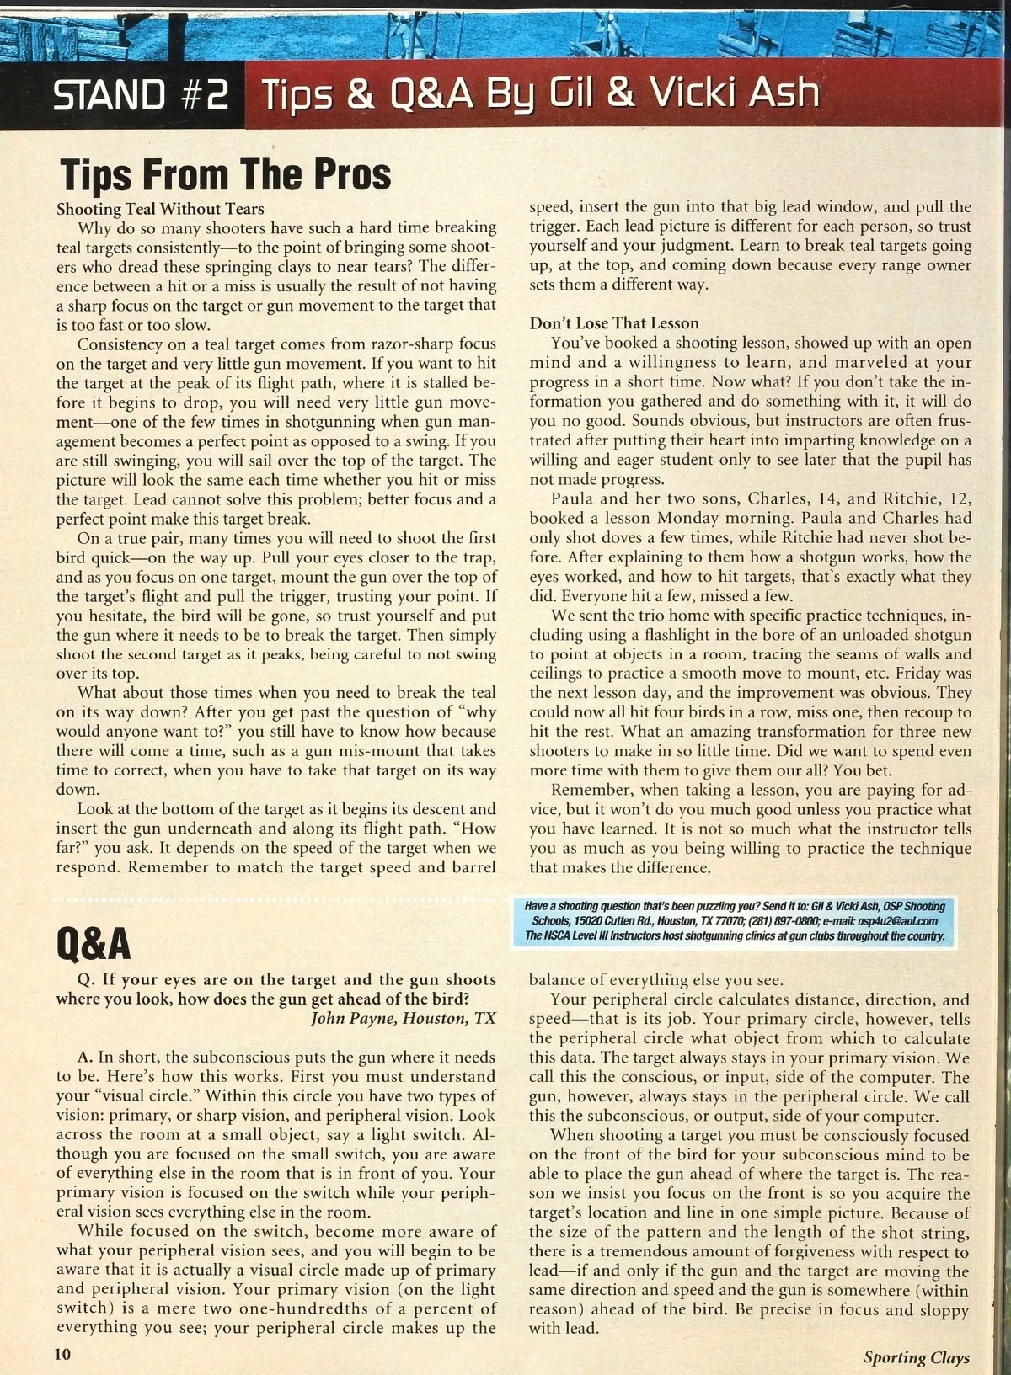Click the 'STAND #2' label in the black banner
click(x=141, y=94)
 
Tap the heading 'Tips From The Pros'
click(x=226, y=174)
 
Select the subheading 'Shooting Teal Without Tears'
click(x=160, y=209)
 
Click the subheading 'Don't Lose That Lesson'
click(x=614, y=323)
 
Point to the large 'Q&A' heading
click(x=94, y=945)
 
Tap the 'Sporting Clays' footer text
click(x=916, y=1357)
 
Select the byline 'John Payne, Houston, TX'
click(x=404, y=1018)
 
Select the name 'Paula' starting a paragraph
click(x=572, y=498)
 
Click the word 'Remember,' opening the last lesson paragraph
click(x=591, y=790)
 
